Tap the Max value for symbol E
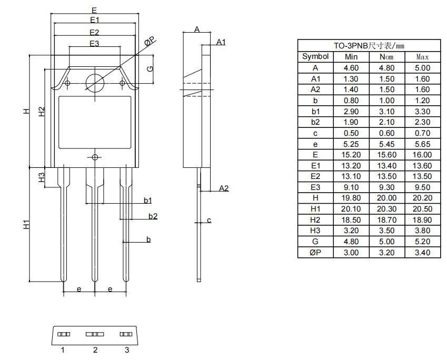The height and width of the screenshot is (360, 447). pyautogui.click(x=422, y=155)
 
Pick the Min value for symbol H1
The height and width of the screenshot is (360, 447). pyautogui.click(x=351, y=209)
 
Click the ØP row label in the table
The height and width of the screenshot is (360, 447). pyautogui.click(x=315, y=253)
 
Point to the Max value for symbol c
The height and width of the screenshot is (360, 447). pyautogui.click(x=422, y=133)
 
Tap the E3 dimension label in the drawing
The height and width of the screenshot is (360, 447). pyautogui.click(x=94, y=44)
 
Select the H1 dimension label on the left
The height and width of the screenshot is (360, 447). pyautogui.click(x=26, y=225)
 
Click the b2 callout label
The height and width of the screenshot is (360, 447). pyautogui.click(x=153, y=216)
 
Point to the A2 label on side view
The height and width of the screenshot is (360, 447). pyautogui.click(x=224, y=188)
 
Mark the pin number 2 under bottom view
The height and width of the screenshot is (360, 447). pyautogui.click(x=95, y=350)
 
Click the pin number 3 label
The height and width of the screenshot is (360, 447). pyautogui.click(x=126, y=350)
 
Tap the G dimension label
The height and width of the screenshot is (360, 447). pyautogui.click(x=150, y=69)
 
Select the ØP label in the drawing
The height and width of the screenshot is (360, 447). pyautogui.click(x=150, y=41)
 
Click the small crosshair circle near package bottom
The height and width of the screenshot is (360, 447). pyautogui.click(x=95, y=157)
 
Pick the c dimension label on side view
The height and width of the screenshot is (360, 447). pyautogui.click(x=209, y=220)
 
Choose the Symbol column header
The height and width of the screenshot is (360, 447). pyautogui.click(x=315, y=56)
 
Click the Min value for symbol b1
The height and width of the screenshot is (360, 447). pyautogui.click(x=351, y=111)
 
